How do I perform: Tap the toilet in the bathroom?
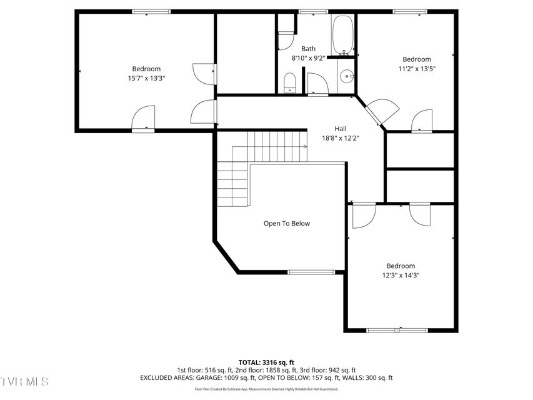click(289, 83)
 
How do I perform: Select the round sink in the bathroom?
click(346, 77)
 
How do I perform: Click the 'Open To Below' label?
click(286, 223)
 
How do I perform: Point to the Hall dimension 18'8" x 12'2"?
click(341, 138)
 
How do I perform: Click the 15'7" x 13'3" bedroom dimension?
click(146, 78)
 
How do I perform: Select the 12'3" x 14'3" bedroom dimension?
click(400, 275)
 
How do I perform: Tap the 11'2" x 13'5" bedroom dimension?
click(417, 69)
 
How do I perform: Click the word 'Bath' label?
click(308, 49)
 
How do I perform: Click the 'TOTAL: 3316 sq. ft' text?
click(266, 362)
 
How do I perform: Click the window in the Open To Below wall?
click(311, 272)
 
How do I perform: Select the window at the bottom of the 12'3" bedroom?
click(397, 330)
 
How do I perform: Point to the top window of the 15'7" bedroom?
click(151, 11)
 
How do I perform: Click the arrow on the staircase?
click(304, 147)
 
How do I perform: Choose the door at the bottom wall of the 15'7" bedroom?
click(144, 120)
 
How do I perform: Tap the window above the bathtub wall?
click(313, 11)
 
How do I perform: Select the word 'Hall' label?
click(341, 129)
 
